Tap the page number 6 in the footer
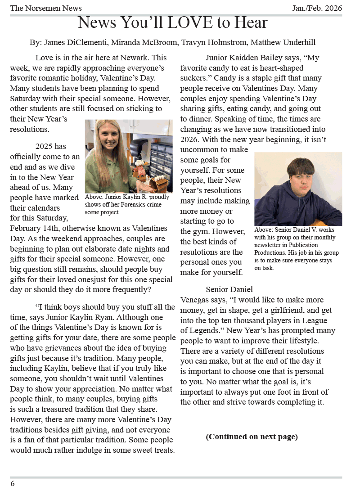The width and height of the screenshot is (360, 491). [13, 484]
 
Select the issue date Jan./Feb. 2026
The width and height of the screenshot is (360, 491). [317, 8]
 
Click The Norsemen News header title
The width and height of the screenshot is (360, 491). [46, 8]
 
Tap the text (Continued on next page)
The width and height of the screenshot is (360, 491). [252, 437]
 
